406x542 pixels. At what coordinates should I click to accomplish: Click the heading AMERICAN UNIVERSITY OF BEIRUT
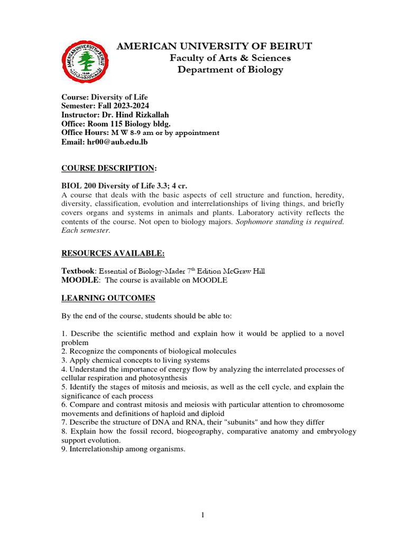point(214,46)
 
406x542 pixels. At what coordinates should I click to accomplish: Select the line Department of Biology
point(230,70)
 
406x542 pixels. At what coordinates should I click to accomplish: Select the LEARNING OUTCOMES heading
point(108,298)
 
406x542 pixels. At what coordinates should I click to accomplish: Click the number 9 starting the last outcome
point(63,449)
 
